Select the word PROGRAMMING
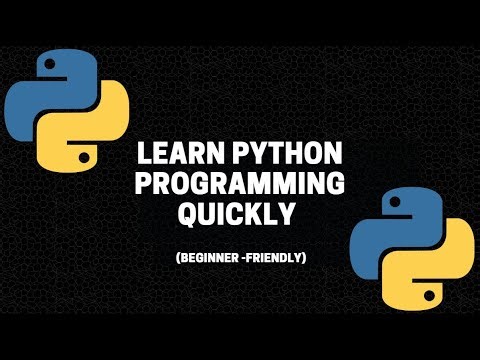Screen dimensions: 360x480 [240, 185]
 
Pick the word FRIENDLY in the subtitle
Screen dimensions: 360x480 [272, 258]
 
